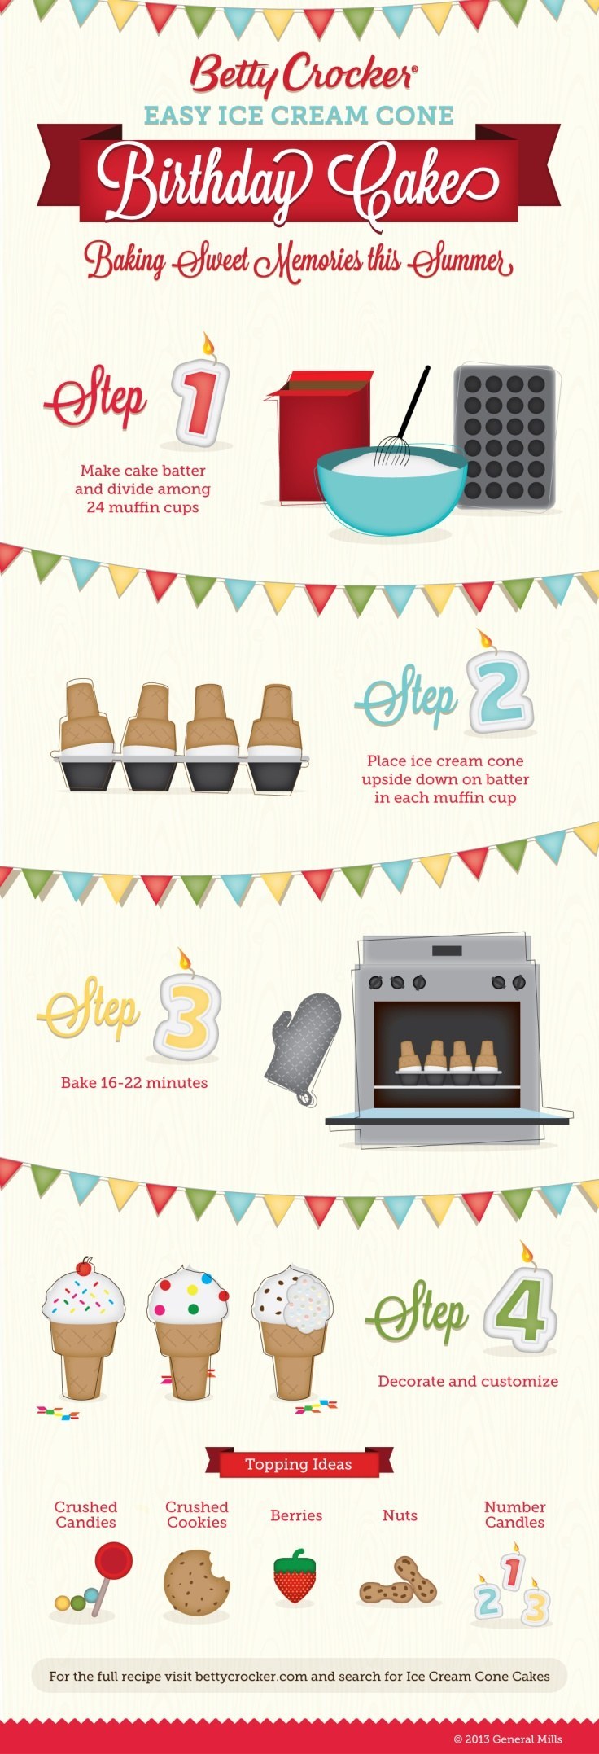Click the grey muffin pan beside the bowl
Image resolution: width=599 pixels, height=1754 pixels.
(x=506, y=437)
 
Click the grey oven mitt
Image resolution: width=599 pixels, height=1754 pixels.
(x=304, y=1047)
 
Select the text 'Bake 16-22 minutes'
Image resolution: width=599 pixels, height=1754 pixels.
(x=134, y=1082)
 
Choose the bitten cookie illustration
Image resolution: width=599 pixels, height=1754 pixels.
(x=195, y=1583)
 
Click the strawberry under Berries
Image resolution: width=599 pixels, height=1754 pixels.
(x=295, y=1576)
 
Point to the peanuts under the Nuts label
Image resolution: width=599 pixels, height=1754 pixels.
(x=399, y=1583)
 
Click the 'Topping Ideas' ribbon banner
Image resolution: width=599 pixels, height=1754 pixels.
(x=299, y=1464)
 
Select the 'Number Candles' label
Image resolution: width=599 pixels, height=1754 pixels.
(x=514, y=1514)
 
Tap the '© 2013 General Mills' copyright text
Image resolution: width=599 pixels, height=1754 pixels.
(x=508, y=1739)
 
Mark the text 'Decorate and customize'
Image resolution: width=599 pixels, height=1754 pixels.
(x=468, y=1381)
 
